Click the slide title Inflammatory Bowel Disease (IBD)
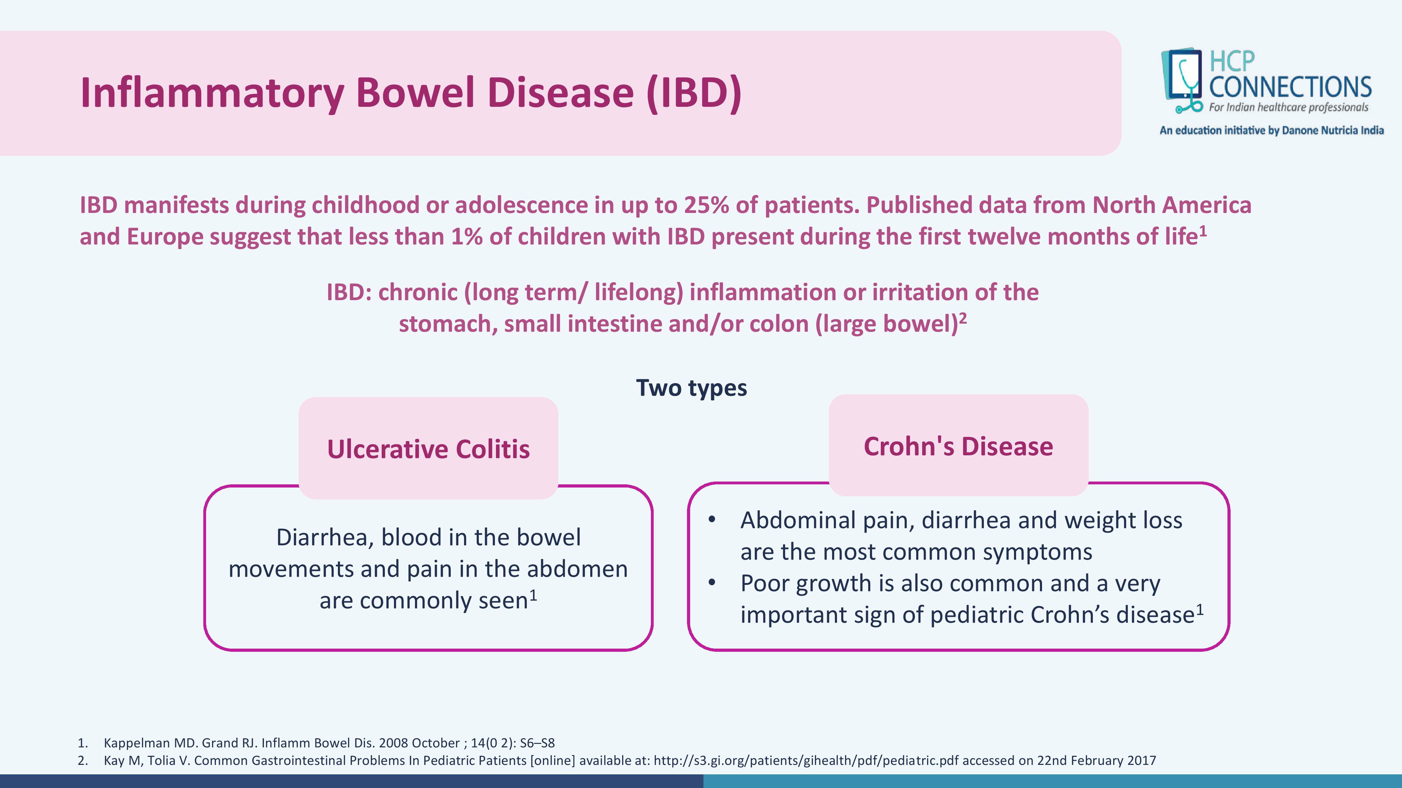[x=411, y=92]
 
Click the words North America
[x=1172, y=205]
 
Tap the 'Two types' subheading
[x=691, y=388]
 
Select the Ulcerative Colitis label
[x=428, y=449]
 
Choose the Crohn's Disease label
[x=958, y=447]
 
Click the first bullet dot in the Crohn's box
[x=712, y=519]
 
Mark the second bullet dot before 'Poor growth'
[x=712, y=582]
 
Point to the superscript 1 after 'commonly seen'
[x=534, y=595]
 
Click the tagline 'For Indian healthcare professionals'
[x=1288, y=108]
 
